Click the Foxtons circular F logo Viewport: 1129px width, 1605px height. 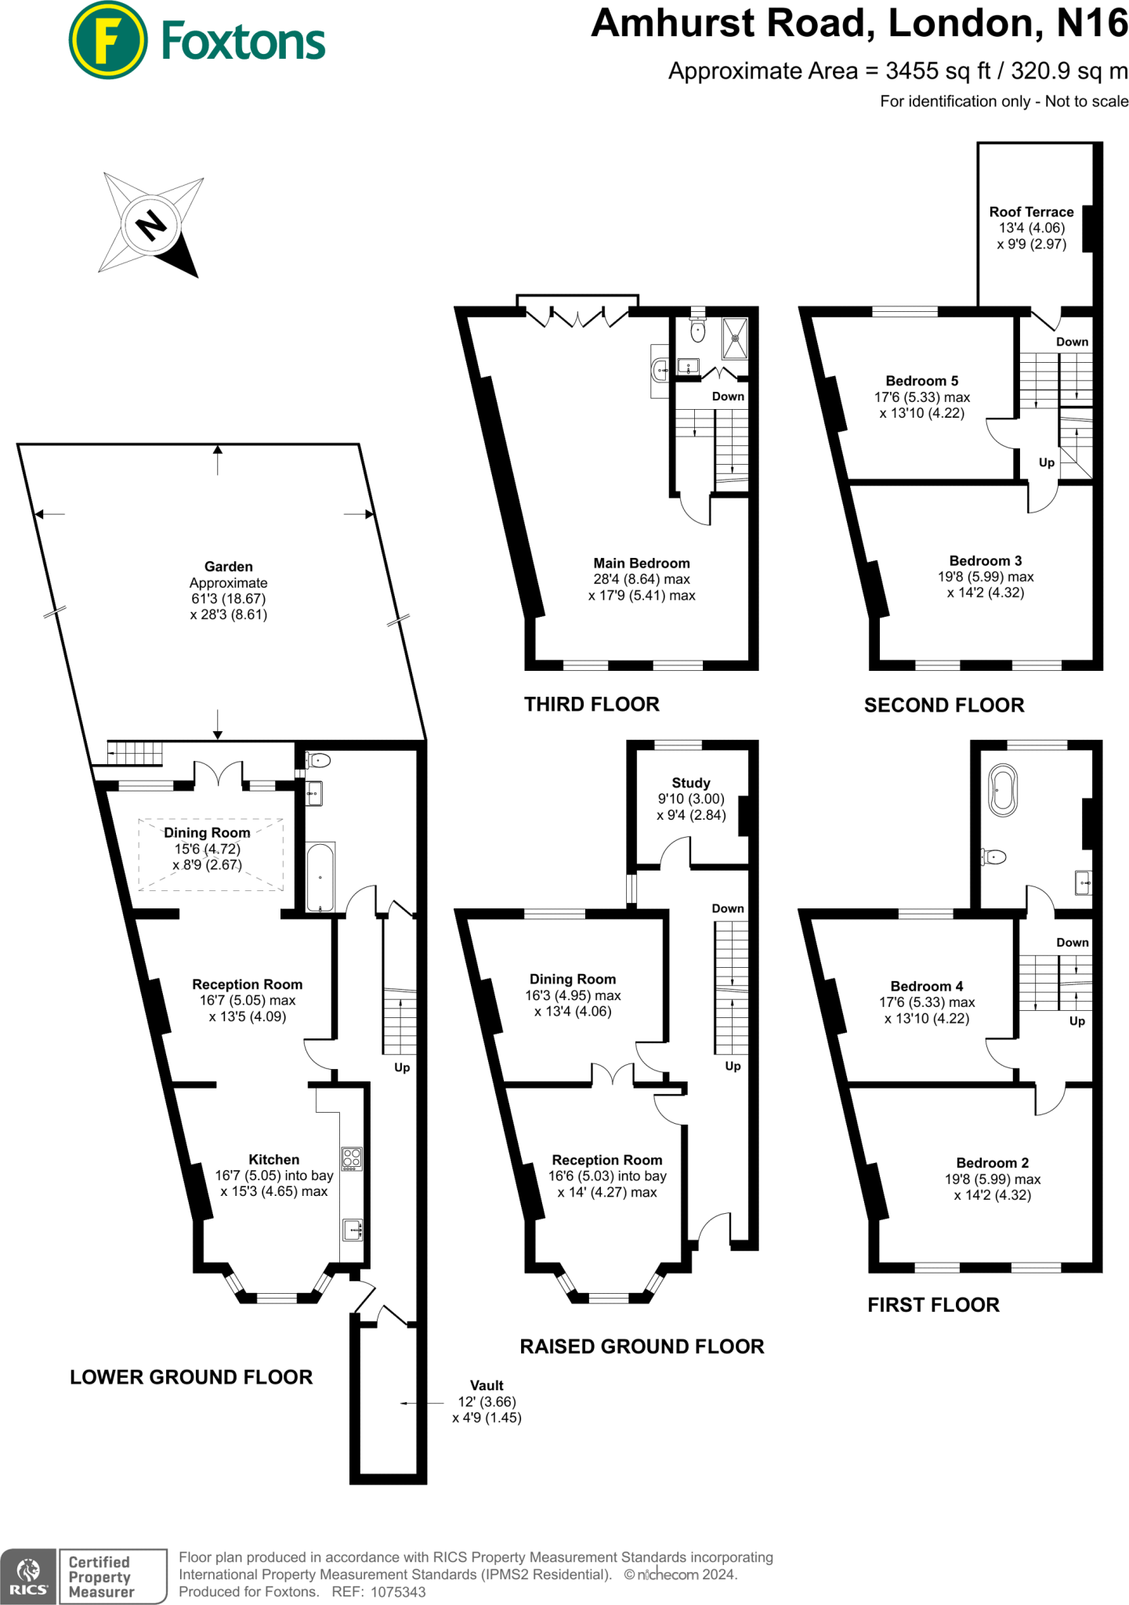[108, 41]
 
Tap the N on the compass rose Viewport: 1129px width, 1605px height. [151, 226]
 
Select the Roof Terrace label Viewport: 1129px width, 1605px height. [1031, 212]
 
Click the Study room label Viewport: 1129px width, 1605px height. [691, 783]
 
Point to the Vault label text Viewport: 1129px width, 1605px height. [487, 1386]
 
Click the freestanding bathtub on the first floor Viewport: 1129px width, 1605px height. [1004, 791]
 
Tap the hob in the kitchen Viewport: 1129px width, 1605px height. [352, 1159]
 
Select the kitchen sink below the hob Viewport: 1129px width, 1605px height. [353, 1230]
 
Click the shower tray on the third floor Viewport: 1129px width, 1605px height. [735, 339]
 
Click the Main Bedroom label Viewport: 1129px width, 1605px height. [642, 563]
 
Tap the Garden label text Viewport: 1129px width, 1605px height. [228, 567]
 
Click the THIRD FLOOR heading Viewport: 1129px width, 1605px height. [592, 705]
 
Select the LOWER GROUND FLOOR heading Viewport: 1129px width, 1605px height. [191, 1377]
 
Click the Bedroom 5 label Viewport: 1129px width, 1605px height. [922, 381]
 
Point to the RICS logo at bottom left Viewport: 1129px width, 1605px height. [28, 1576]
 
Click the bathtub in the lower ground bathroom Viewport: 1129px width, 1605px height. [320, 877]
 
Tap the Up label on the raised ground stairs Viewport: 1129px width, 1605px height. [733, 1066]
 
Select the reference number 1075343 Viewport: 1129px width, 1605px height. [398, 1592]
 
